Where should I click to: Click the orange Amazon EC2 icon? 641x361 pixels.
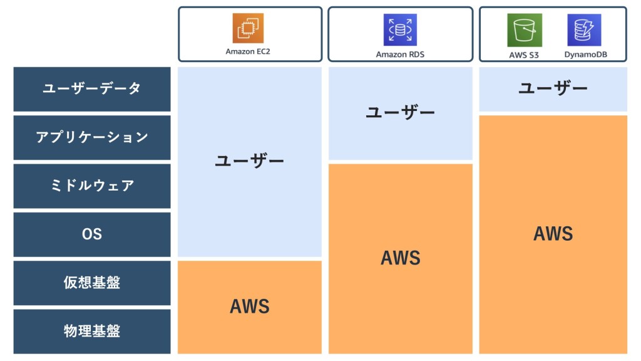point(249,28)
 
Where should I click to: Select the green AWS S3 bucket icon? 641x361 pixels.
point(525,29)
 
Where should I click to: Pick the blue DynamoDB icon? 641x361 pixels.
point(584,29)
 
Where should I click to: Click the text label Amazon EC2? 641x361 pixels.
point(249,51)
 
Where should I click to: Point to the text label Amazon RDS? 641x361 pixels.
point(400,55)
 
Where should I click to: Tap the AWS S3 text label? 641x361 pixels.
point(525,55)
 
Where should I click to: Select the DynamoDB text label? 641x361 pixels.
point(584,55)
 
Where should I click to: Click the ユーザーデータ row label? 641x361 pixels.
point(92,89)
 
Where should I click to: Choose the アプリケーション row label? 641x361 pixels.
point(92,137)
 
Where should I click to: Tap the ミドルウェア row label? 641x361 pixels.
point(92,186)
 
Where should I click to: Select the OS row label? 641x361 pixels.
point(92,234)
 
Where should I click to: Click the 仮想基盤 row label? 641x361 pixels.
point(92,283)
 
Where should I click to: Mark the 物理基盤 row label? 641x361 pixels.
point(92,331)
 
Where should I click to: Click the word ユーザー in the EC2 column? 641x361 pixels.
point(250,161)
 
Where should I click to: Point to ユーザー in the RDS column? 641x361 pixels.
point(400,113)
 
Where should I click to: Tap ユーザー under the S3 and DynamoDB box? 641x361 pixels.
point(553,88)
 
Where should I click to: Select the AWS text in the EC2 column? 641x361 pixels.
point(250,306)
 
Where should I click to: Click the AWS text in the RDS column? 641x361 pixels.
point(400,258)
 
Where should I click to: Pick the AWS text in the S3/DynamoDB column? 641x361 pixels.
point(553,234)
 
